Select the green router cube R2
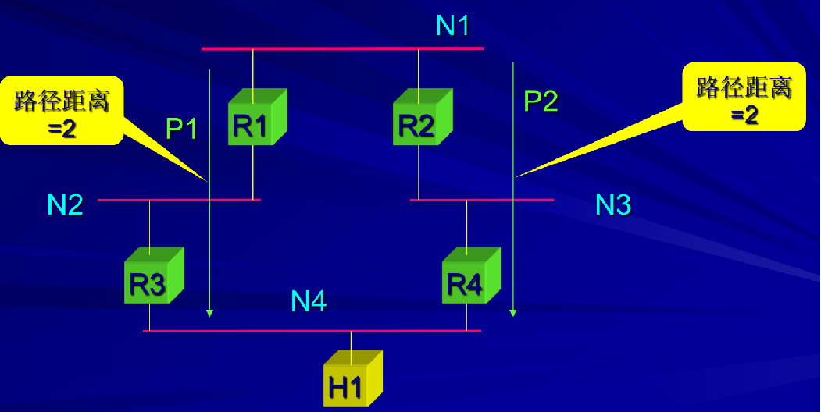coord(422,119)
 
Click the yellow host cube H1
coord(352,380)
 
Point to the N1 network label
coord(452,26)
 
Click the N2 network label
coord(65,204)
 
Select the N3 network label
coord(613,204)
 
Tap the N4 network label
coord(309,301)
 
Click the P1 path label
coord(182,128)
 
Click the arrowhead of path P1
coord(209,313)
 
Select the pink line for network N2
coord(179,201)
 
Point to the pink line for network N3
coord(481,201)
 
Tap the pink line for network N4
coord(312,332)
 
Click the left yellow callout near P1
coord(62,111)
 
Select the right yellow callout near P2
coord(744,97)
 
